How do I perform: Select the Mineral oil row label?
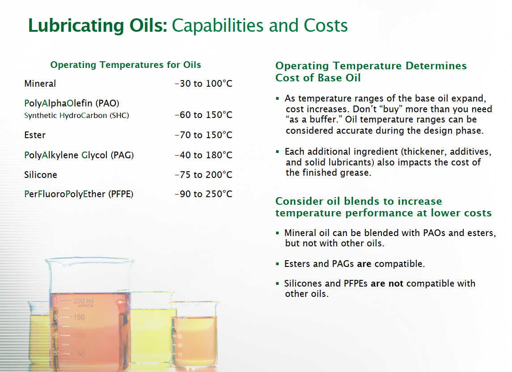[x=40, y=84]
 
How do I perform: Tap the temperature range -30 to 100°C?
[x=203, y=84]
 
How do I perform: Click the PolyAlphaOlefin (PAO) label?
[x=72, y=103]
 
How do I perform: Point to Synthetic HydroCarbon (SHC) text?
[x=76, y=116]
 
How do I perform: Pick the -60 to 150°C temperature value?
[x=203, y=115]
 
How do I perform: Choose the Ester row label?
[x=34, y=135]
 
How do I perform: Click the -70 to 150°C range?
[x=203, y=135]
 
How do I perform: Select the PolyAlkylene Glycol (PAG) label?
[x=79, y=155]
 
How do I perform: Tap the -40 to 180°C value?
[x=203, y=155]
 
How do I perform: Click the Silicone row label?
[x=41, y=175]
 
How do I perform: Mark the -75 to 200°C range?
[x=203, y=175]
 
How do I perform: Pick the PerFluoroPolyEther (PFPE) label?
[x=79, y=194]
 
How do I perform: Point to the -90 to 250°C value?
[x=203, y=194]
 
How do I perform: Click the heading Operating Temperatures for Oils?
[x=125, y=65]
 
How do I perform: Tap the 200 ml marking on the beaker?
[x=83, y=300]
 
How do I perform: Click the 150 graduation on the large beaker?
[x=79, y=317]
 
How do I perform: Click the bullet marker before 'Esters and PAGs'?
[x=277, y=264]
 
